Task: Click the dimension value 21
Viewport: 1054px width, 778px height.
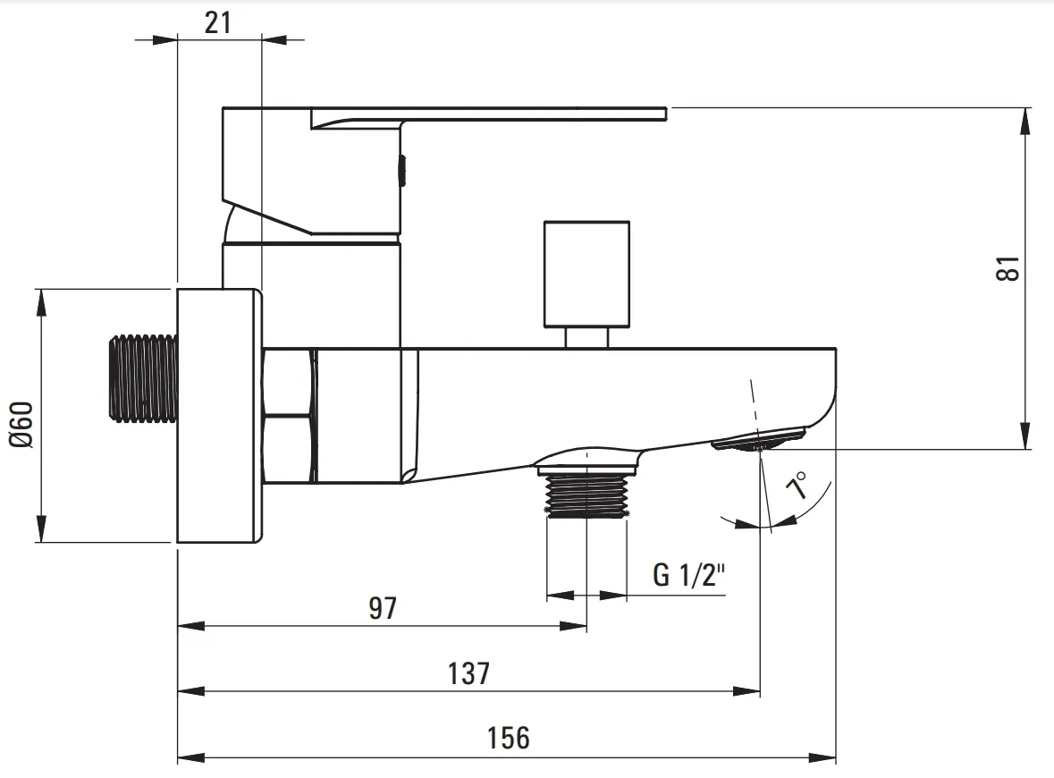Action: pos(218,23)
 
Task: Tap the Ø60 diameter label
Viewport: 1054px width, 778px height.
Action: pos(21,424)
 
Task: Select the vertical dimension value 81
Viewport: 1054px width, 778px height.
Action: pos(1008,268)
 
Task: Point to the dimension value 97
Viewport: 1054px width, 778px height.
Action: pos(384,608)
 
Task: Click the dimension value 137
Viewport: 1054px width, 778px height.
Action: pos(469,673)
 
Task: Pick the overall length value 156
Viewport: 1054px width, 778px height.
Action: pos(508,738)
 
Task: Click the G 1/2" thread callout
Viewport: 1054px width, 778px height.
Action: pos(689,575)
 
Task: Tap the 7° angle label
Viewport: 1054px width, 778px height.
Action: pos(799,485)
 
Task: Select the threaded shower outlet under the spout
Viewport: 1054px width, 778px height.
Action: pos(586,495)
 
